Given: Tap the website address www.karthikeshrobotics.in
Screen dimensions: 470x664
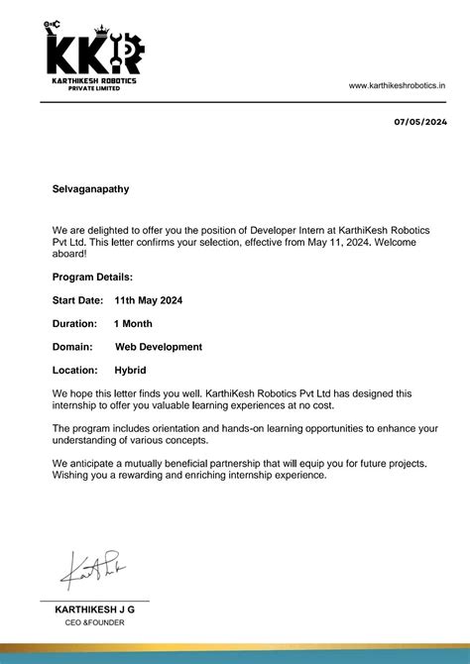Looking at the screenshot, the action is (397, 86).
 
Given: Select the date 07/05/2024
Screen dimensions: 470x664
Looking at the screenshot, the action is (420, 122).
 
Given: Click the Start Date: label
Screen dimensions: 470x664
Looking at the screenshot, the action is (77, 299).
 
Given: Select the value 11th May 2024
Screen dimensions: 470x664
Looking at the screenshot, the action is (148, 299).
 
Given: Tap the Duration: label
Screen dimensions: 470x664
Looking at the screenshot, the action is (74, 323).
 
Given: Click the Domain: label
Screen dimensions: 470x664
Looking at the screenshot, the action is (72, 347).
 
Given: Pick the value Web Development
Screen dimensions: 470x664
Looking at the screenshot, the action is (159, 347).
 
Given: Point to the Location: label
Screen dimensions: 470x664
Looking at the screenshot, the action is (74, 370).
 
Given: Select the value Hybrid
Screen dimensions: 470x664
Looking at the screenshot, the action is (131, 370).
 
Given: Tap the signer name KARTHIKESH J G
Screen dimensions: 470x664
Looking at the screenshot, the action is (94, 609).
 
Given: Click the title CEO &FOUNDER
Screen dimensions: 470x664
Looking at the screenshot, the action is (94, 622).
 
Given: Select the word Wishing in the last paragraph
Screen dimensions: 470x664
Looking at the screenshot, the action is (71, 476).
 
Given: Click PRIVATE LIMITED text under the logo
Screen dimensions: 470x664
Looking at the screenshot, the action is (94, 88).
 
